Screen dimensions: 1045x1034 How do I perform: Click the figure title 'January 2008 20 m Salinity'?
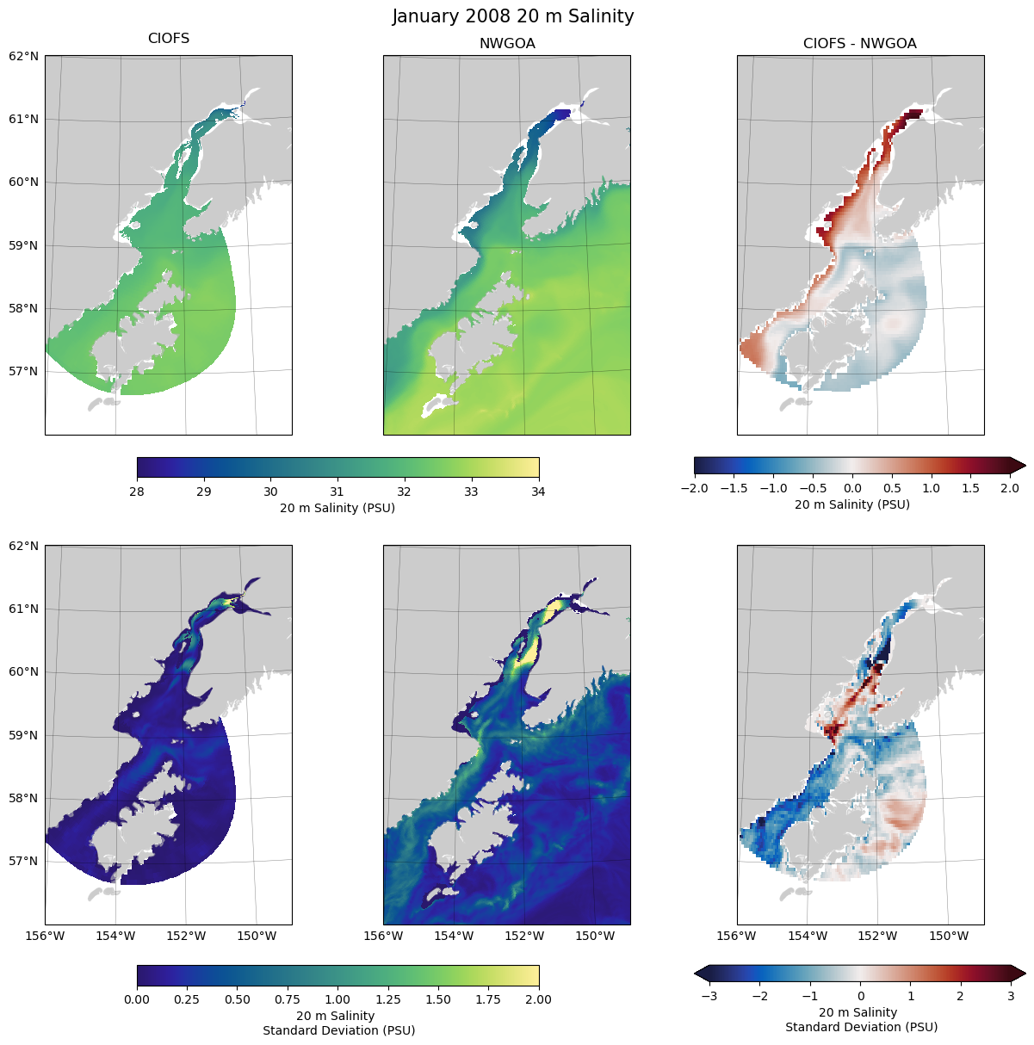click(513, 16)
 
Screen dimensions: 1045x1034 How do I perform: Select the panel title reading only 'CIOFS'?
click(169, 39)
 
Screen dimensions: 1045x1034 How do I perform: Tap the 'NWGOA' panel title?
click(507, 44)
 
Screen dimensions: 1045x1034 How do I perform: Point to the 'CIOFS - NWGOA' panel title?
click(859, 44)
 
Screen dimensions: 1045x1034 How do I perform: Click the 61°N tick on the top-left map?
click(24, 120)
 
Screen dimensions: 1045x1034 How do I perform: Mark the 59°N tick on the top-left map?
click(24, 245)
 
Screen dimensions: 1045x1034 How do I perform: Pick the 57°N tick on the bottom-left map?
click(24, 861)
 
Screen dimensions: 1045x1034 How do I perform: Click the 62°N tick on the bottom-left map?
click(24, 546)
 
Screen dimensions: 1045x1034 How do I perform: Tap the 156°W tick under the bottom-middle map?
click(383, 936)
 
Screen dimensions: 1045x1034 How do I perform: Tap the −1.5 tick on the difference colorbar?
click(734, 489)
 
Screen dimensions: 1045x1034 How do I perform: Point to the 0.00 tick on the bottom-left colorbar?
click(137, 999)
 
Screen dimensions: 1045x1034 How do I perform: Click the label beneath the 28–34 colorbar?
click(337, 509)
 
